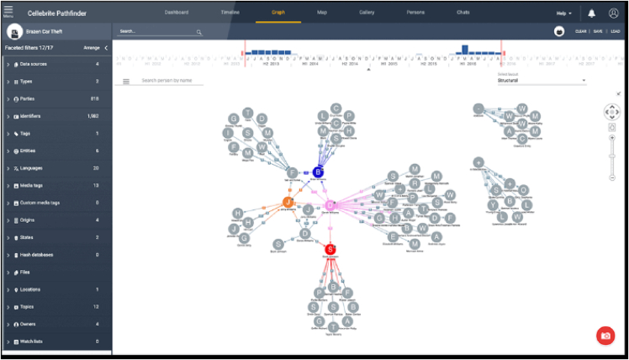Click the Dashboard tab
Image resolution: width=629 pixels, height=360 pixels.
point(177,13)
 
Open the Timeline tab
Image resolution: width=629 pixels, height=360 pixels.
point(230,13)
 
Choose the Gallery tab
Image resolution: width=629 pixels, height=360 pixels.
point(367,13)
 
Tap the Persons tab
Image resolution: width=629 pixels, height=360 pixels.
point(415,13)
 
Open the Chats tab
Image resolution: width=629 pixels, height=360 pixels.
point(462,13)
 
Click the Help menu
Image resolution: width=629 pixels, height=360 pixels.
point(564,13)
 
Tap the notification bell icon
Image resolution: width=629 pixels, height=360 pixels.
point(592,13)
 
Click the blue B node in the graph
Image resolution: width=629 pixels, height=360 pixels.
point(318,172)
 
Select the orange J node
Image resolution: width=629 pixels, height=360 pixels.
point(288,203)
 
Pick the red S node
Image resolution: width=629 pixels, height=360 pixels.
point(330,249)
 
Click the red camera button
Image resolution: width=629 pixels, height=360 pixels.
point(605,336)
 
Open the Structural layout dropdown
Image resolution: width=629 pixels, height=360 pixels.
point(542,81)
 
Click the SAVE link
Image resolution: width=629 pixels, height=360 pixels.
point(598,31)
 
